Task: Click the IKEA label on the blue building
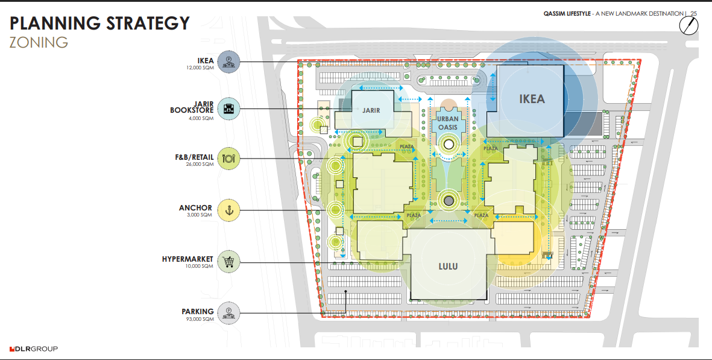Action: point(532,98)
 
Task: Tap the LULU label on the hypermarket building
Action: point(448,267)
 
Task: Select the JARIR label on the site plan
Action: point(371,110)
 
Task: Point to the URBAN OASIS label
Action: point(448,123)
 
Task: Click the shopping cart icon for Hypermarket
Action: point(228,262)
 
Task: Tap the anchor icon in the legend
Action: point(228,210)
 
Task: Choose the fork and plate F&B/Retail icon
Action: point(228,159)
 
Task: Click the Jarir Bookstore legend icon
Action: point(228,109)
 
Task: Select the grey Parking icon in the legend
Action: point(228,313)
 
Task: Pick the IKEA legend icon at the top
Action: point(228,62)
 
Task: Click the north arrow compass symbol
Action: point(689,25)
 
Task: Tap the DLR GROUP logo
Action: point(34,349)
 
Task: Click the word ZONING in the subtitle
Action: point(39,42)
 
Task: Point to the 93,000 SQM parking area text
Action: point(200,319)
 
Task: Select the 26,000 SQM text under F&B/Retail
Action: point(200,165)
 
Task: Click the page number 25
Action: point(693,14)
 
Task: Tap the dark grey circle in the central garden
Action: point(449,201)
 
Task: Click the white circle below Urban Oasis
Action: point(449,145)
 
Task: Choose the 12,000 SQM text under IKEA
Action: point(200,68)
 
